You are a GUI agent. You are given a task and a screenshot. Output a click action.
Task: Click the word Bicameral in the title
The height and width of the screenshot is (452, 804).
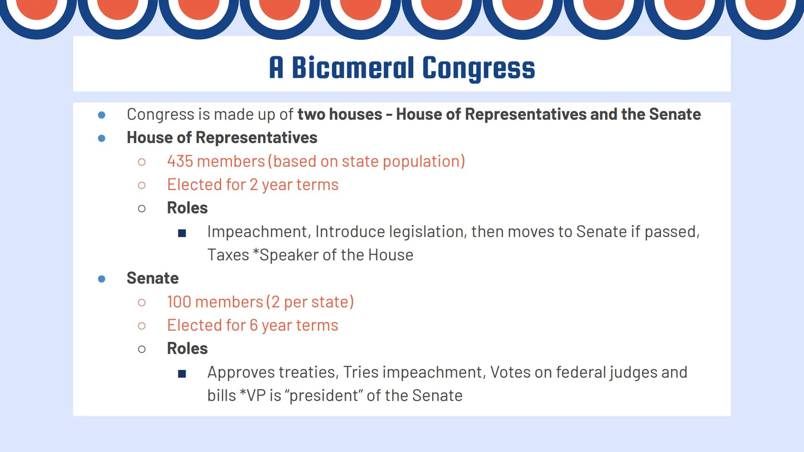coord(353,68)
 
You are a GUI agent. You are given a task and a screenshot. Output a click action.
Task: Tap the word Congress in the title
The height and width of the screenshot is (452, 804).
coord(478,68)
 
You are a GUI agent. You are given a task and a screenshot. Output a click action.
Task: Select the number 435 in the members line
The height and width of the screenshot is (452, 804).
coord(180,161)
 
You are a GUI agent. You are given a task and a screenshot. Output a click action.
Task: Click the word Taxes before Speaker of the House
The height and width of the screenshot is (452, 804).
coord(228,255)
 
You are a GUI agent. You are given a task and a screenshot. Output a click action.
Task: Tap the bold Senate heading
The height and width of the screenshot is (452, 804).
coord(152,278)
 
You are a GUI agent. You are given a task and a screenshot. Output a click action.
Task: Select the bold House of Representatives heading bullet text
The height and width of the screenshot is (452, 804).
coord(222,138)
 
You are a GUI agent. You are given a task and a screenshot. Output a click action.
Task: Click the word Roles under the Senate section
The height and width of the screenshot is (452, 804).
coord(187,349)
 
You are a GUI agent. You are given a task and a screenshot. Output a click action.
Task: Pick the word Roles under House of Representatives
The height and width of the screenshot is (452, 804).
coord(187,208)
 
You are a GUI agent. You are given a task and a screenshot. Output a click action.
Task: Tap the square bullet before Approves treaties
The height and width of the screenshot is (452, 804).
coord(182,373)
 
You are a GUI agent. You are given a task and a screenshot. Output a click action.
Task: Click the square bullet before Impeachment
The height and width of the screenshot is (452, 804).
coord(182,233)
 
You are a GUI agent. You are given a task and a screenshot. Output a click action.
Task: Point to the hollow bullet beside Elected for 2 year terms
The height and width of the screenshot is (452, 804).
coord(142,185)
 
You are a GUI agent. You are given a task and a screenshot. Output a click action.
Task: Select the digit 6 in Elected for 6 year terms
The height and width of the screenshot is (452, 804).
coord(254,325)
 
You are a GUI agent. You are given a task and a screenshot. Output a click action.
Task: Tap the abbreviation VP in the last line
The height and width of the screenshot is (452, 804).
coord(256,395)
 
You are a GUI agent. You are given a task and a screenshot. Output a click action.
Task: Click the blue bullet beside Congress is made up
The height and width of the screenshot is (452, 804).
coord(102,115)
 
